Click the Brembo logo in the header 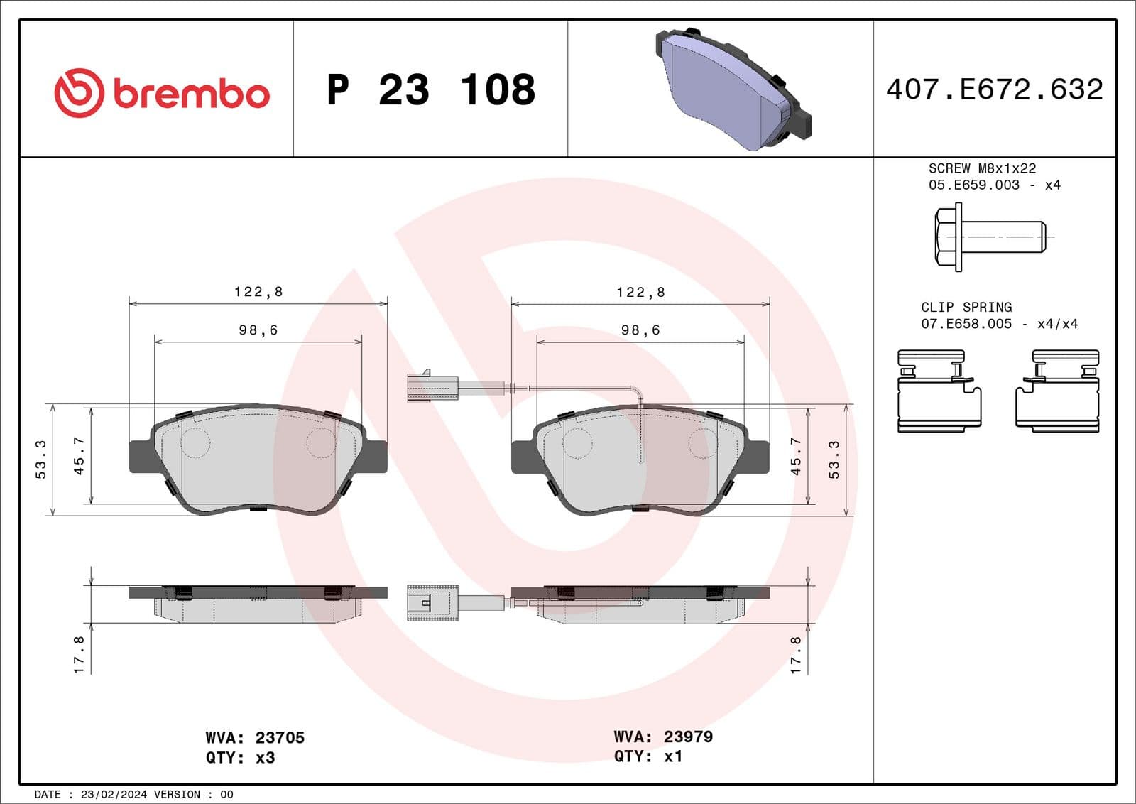(162, 93)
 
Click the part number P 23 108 (430, 90)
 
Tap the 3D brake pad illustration (731, 89)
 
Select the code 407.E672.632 (994, 89)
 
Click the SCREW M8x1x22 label (982, 168)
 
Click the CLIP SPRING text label (966, 307)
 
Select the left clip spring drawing (939, 391)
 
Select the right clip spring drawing (1057, 391)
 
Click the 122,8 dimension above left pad (258, 292)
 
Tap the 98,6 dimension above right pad (640, 330)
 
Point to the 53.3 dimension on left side (40, 460)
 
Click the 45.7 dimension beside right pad (796, 456)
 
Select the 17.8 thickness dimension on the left (79, 654)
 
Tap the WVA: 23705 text (255, 738)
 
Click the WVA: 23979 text (663, 737)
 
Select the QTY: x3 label (240, 758)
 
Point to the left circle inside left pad (195, 443)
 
